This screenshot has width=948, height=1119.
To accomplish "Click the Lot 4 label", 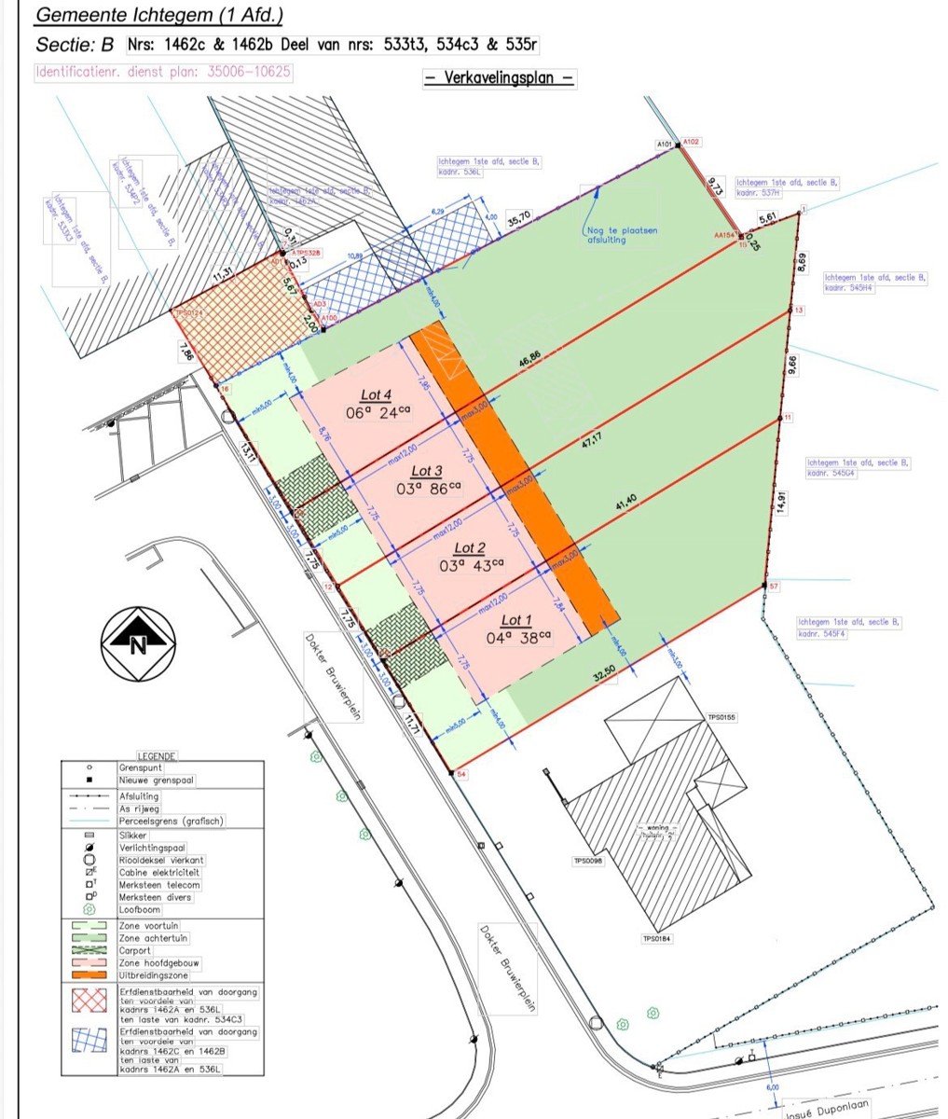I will click(377, 394).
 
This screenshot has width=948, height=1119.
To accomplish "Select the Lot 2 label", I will click(470, 548).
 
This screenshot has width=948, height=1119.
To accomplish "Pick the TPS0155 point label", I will click(721, 717).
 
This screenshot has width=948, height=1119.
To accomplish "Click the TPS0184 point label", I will click(656, 939).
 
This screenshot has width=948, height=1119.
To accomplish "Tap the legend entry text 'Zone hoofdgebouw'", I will click(159, 962).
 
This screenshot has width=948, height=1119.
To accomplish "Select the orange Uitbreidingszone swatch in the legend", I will click(89, 974).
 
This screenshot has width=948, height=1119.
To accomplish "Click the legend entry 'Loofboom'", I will click(140, 909).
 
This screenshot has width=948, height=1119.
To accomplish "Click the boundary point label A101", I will click(664, 145).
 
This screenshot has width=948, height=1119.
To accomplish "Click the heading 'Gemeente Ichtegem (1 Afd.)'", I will click(159, 16).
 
